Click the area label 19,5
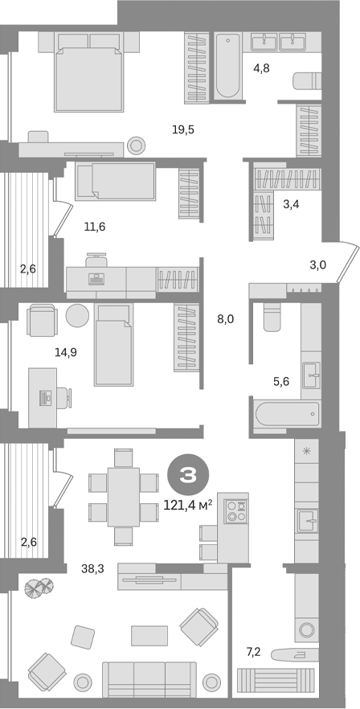pyautogui.click(x=184, y=129)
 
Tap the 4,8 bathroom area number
pyautogui.click(x=261, y=68)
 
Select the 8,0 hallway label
pyautogui.click(x=225, y=318)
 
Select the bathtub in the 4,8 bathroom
pyautogui.click(x=227, y=65)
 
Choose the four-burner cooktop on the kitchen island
pyautogui.click(x=235, y=512)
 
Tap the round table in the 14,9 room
pyautogui.click(x=78, y=315)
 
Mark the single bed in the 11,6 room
pyautogui.click(x=115, y=181)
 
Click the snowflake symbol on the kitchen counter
pyautogui.click(x=306, y=452)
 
